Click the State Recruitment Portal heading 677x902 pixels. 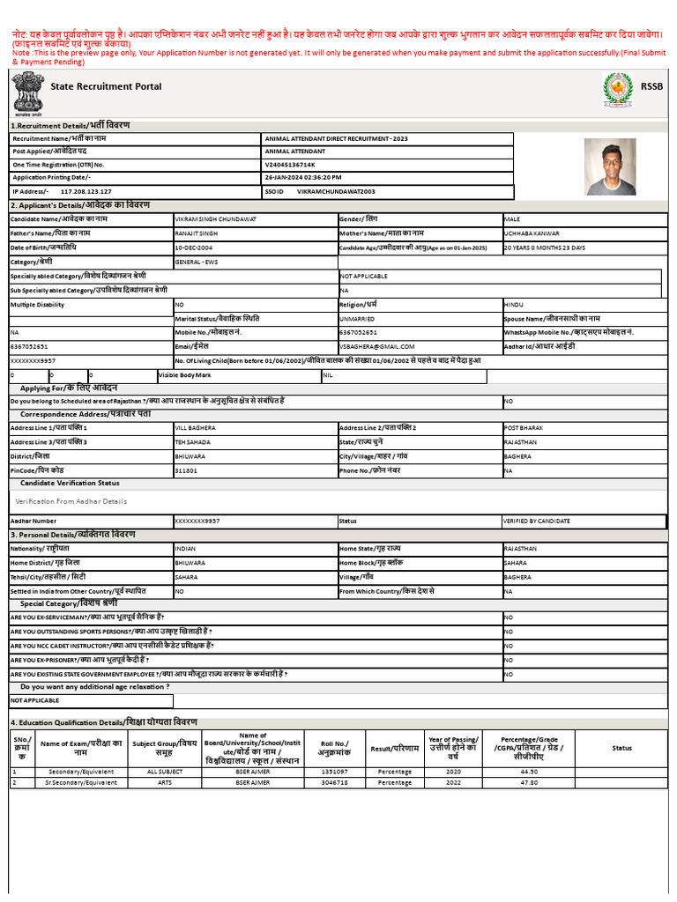tap(106, 86)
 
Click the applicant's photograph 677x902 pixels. tap(611, 166)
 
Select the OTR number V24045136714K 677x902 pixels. tap(290, 165)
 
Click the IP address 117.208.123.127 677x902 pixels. tap(86, 190)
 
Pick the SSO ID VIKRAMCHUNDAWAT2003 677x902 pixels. tap(336, 190)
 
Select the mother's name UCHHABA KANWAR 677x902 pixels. tap(531, 233)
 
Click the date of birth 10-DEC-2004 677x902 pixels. tap(197, 248)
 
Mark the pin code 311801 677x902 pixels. tap(187, 470)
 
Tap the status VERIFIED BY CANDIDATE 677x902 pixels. tap(537, 521)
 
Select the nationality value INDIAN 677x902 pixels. tap(186, 548)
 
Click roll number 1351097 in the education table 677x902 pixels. tap(333, 771)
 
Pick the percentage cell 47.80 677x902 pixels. tap(529, 782)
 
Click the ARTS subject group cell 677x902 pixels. tap(165, 782)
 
